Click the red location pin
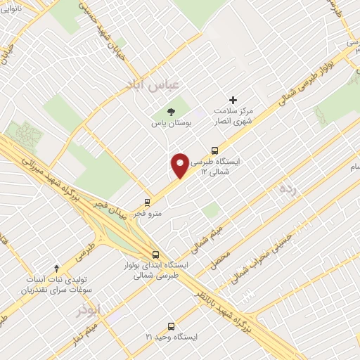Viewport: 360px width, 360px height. pyautogui.click(x=180, y=165)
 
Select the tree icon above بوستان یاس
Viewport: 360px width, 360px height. pyautogui.click(x=170, y=112)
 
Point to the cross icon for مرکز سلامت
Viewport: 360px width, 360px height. pyautogui.click(x=233, y=101)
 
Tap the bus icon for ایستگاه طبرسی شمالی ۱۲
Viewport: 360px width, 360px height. pyautogui.click(x=215, y=150)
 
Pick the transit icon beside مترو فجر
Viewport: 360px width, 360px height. pyautogui.click(x=147, y=201)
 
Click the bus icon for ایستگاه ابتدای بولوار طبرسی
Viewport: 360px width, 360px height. pyautogui.click(x=155, y=255)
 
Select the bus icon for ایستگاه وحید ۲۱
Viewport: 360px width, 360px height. pyautogui.click(x=171, y=326)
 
